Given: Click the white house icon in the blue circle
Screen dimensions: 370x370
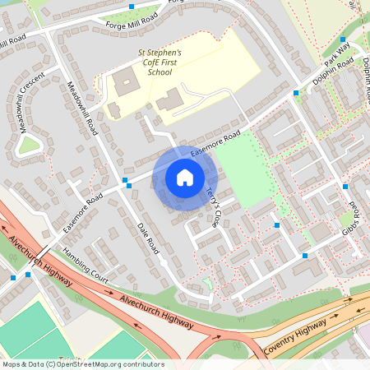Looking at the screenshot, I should (x=185, y=177).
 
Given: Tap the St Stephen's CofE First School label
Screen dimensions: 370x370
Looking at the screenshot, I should (x=159, y=61).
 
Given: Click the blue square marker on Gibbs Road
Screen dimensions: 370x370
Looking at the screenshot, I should (x=345, y=187).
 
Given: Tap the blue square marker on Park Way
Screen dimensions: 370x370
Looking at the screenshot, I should (x=343, y=39).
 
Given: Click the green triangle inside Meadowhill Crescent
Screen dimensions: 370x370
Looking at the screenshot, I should (x=30, y=146).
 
